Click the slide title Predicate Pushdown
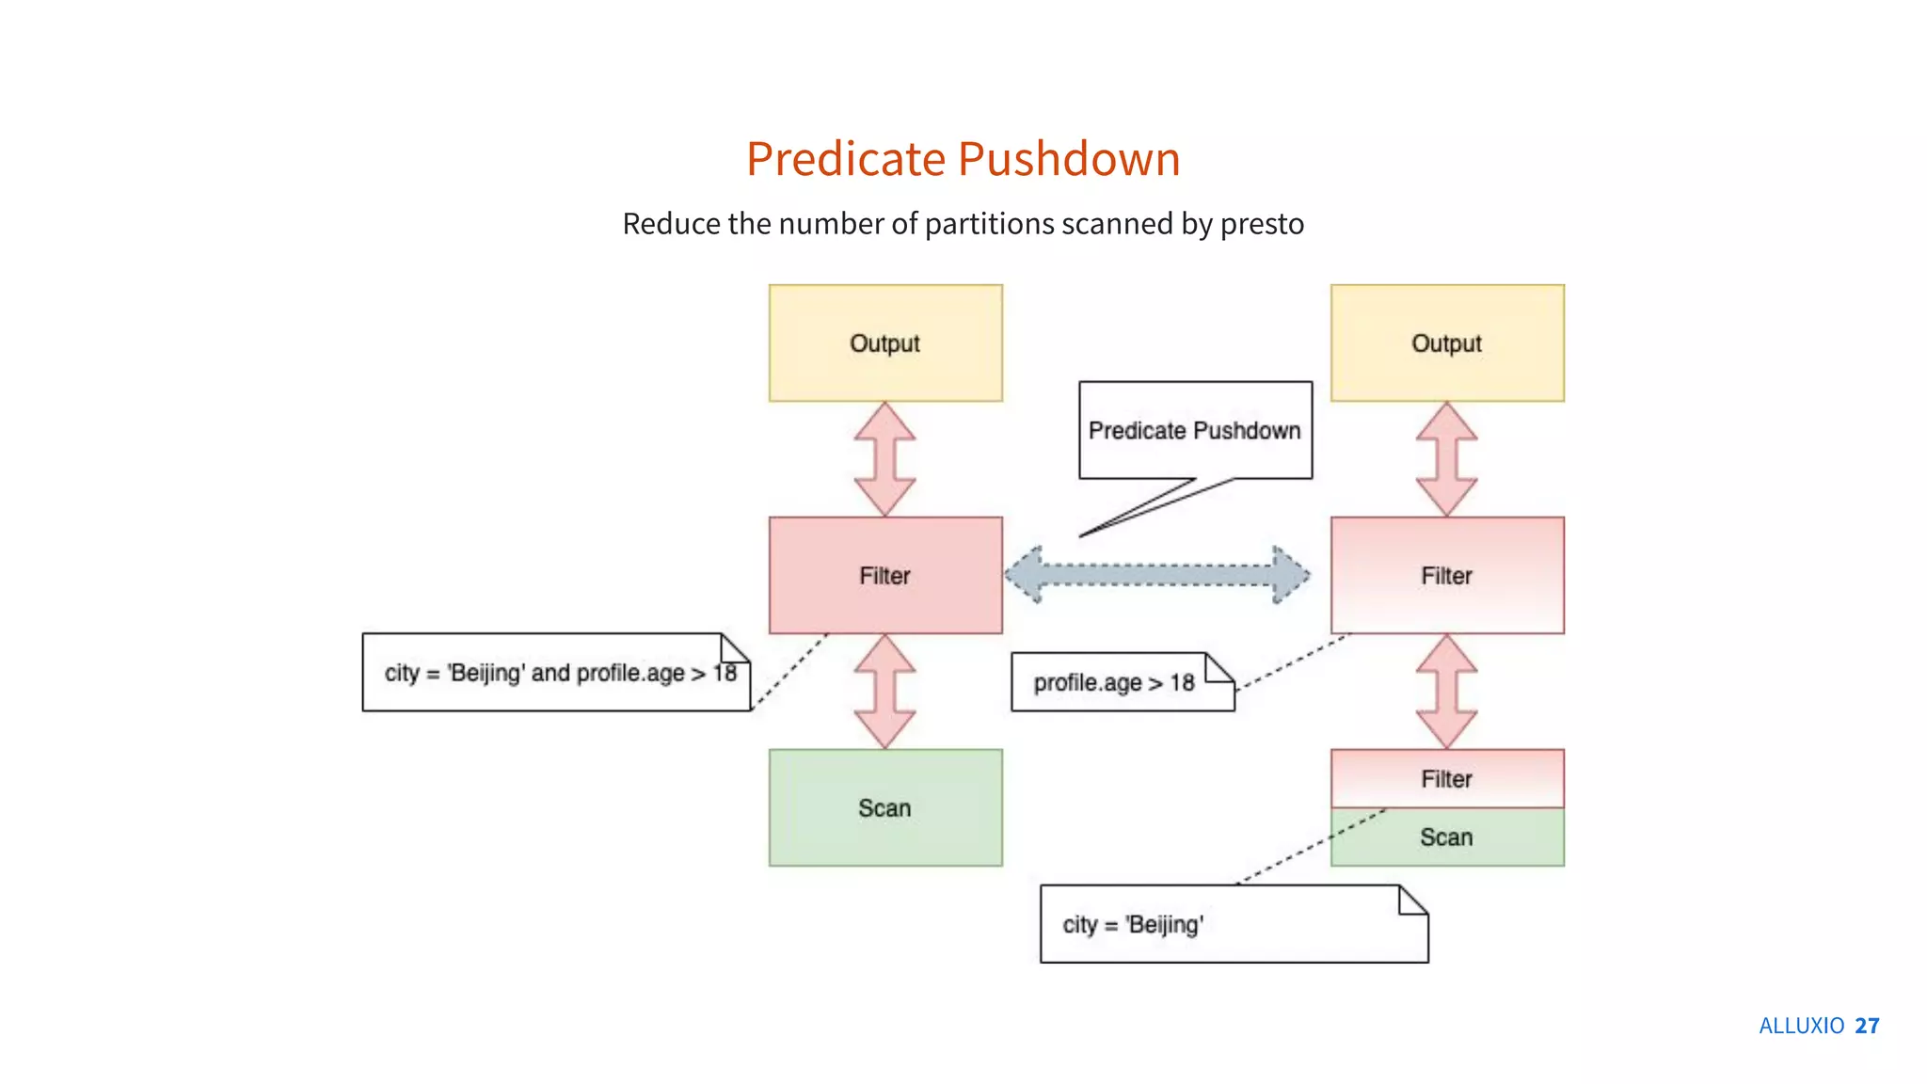click(x=963, y=158)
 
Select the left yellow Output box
click(x=884, y=343)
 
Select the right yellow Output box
click(x=1446, y=343)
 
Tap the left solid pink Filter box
click(x=884, y=575)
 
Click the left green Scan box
click(x=884, y=807)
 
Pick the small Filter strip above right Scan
click(x=1446, y=778)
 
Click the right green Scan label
click(x=1446, y=837)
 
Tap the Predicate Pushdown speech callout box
click(x=1194, y=430)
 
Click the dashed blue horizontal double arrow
click(x=1156, y=574)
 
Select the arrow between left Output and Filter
click(x=884, y=459)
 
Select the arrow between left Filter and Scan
click(x=884, y=692)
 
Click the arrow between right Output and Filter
click(x=1446, y=459)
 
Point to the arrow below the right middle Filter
click(x=1446, y=692)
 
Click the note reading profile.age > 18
click(x=1115, y=682)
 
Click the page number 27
click(x=1867, y=1026)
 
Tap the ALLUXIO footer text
click(x=1801, y=1026)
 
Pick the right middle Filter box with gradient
click(x=1446, y=575)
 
